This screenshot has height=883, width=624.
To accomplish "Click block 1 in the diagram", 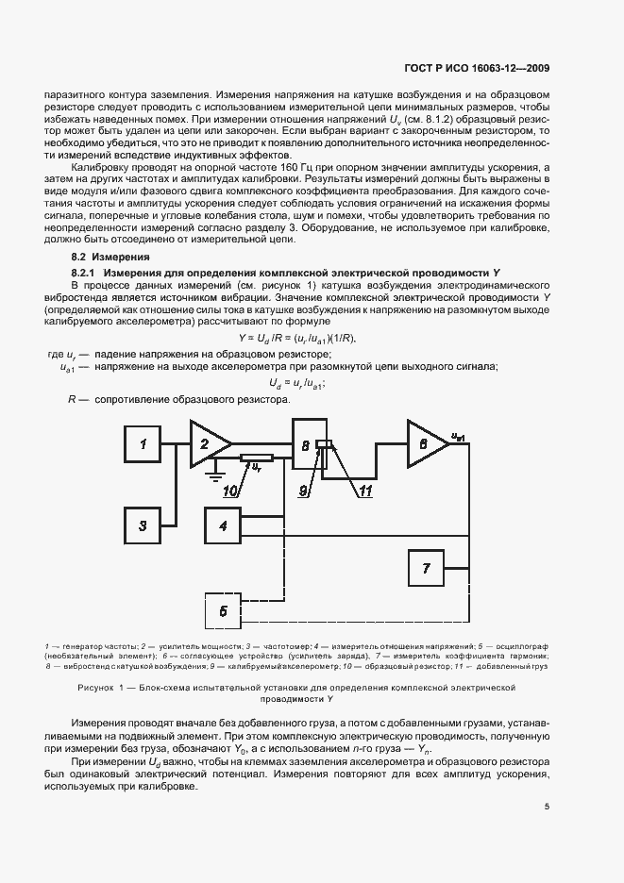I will [143, 443].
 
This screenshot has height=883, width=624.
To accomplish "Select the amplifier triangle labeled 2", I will [206, 442].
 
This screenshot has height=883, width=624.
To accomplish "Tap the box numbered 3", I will [143, 525].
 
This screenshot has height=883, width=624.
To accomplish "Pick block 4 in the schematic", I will [223, 525].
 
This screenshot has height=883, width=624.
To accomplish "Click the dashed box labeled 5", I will [223, 610].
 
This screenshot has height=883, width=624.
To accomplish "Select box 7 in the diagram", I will [426, 568].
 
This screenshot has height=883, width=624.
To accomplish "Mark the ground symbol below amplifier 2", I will [216, 467].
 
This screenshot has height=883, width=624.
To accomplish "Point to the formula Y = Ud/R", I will [297, 337].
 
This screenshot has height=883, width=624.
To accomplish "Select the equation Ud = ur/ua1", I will [297, 383].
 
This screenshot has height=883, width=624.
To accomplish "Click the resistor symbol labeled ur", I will [257, 459].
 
